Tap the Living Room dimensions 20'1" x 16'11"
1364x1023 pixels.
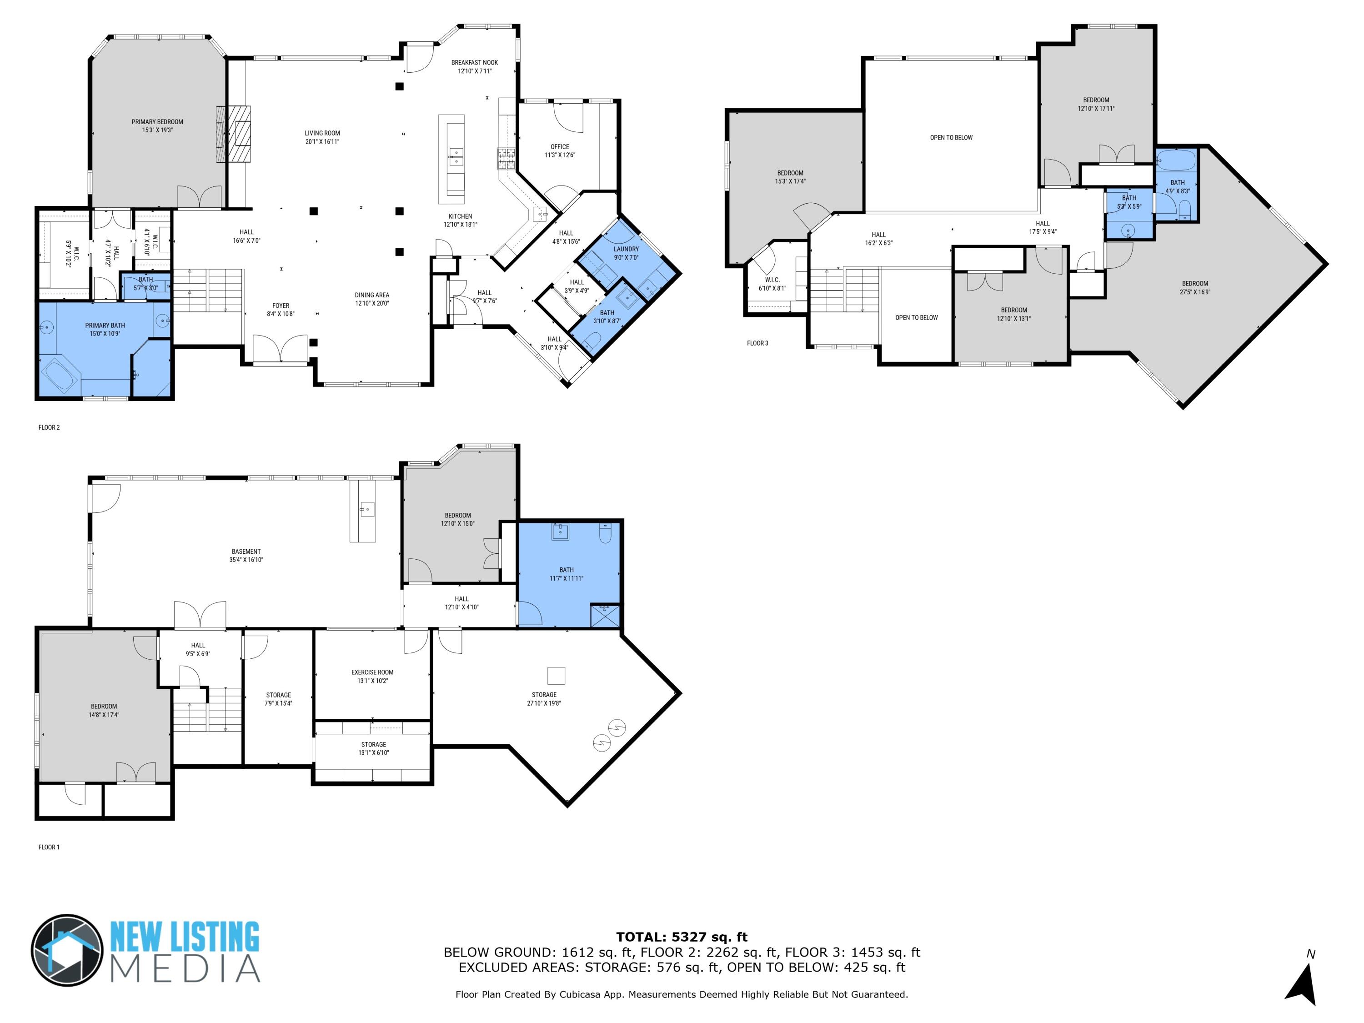tap(322, 142)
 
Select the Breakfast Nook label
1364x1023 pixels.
tap(474, 62)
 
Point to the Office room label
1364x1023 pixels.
tap(560, 147)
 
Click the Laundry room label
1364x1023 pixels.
tap(626, 249)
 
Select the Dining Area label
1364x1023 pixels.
tap(372, 295)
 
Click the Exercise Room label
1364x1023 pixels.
tap(372, 672)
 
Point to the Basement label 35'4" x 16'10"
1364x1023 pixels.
tap(246, 556)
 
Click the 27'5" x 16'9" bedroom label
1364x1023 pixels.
tap(1194, 288)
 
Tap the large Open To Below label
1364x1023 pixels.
tap(951, 137)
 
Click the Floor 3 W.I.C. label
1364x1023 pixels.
tap(772, 280)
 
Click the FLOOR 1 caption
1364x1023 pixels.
tap(49, 847)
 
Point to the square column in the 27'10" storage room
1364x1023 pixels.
tap(556, 676)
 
